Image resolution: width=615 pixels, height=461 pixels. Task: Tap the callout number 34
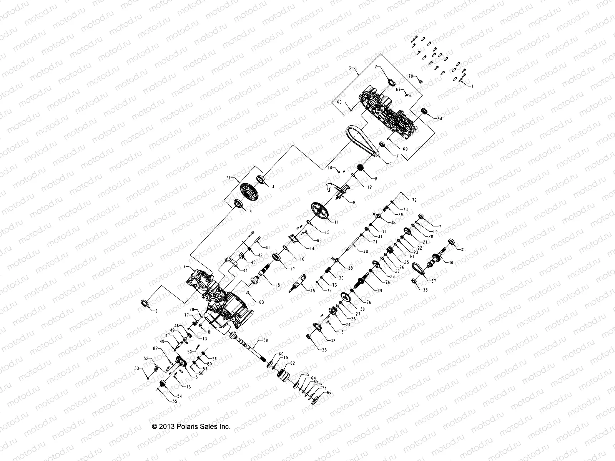[440, 119]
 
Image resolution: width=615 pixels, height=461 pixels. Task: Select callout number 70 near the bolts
[410, 76]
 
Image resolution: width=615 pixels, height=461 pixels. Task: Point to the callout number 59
[266, 340]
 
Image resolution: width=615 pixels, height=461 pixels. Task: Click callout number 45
[312, 291]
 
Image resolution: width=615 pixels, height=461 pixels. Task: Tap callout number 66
[329, 392]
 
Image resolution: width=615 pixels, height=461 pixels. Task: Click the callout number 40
[365, 251]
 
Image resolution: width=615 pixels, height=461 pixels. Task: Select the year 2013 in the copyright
[168, 427]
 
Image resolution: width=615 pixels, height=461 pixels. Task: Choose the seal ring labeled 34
[425, 111]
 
